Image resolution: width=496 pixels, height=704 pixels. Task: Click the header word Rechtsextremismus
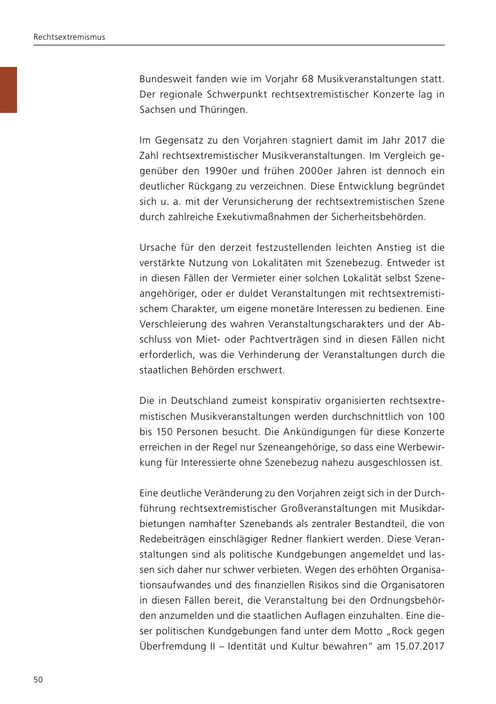tap(69, 37)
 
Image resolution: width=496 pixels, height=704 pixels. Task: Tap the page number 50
tap(38, 680)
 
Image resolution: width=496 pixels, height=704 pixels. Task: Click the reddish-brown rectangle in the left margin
tap(9, 90)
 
